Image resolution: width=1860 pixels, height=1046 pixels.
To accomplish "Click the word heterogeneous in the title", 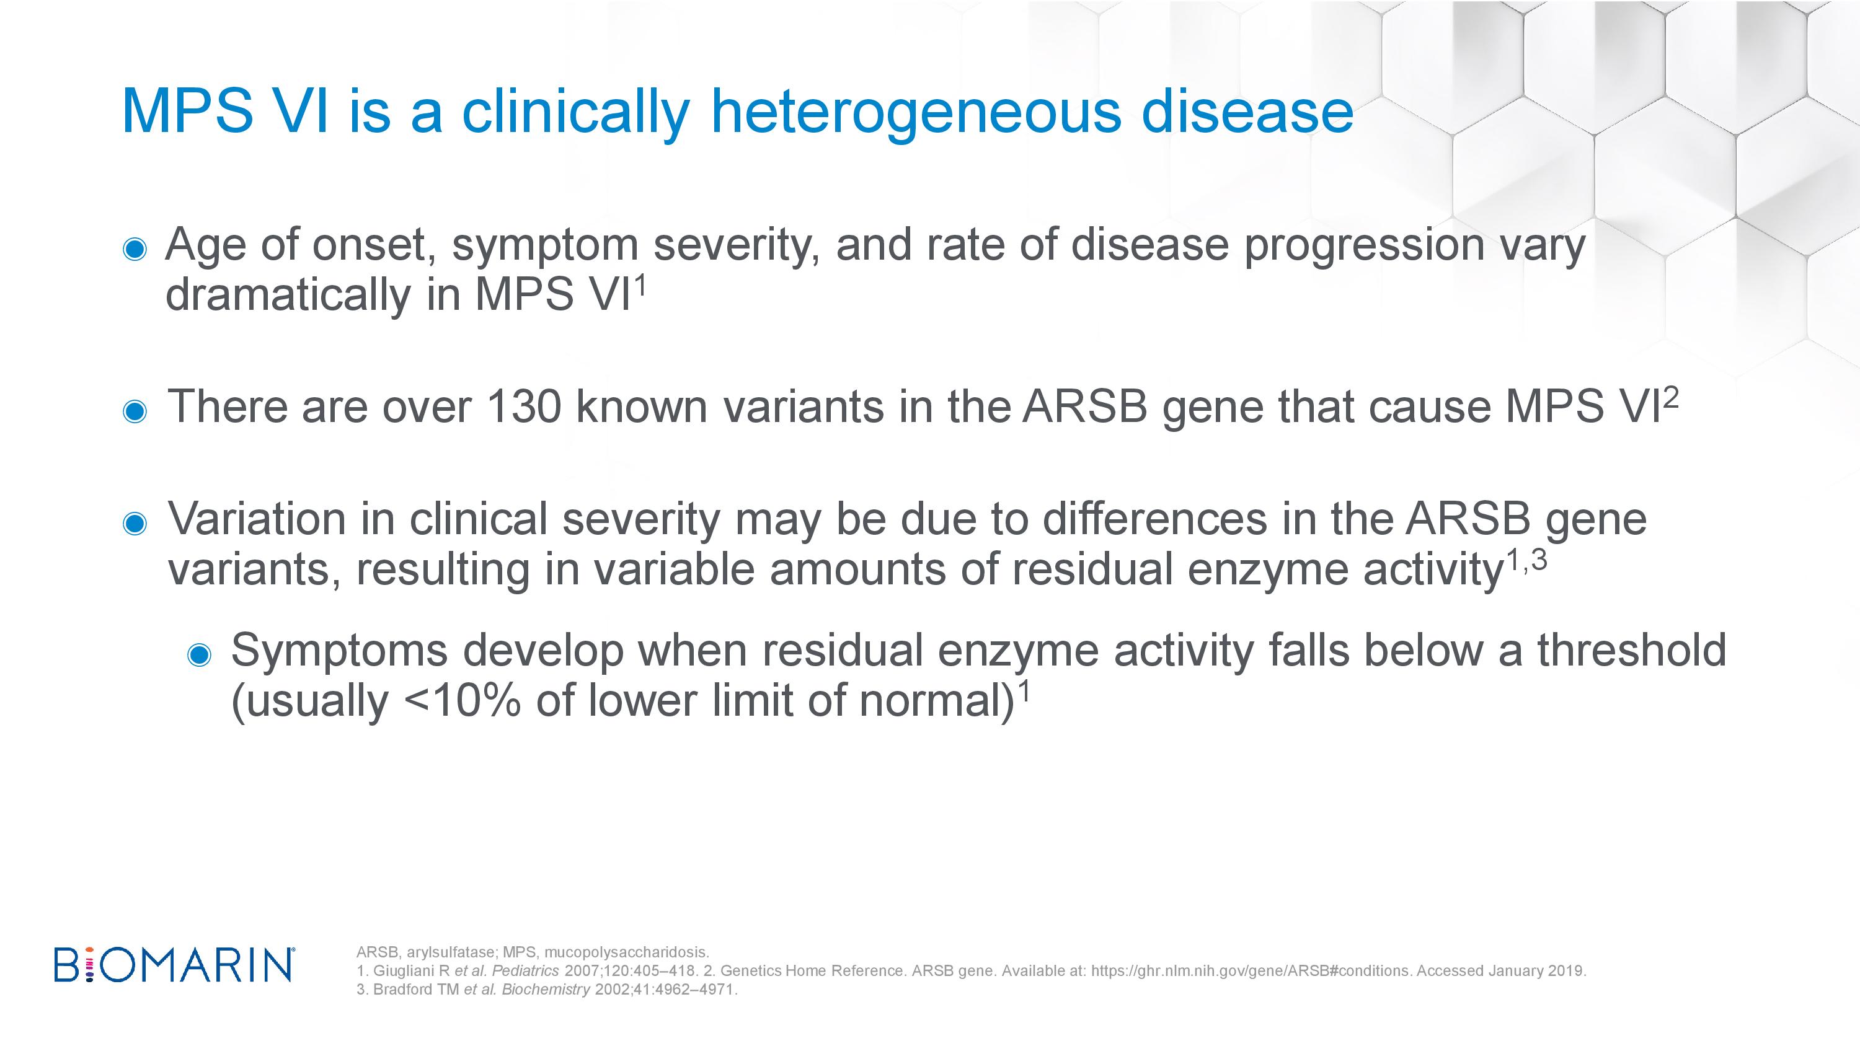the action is [x=916, y=113].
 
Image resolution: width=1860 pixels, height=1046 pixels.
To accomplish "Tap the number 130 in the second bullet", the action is [x=524, y=407].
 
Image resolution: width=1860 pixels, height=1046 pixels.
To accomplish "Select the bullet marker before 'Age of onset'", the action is [x=135, y=249].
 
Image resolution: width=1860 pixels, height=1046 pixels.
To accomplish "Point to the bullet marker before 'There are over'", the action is [x=135, y=411].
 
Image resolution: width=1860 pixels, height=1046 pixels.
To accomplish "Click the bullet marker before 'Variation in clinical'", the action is [x=135, y=524].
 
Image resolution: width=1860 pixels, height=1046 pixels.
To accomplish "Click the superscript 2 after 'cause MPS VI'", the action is [x=1671, y=397].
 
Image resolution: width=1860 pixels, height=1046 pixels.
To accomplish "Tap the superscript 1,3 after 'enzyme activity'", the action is [x=1526, y=560].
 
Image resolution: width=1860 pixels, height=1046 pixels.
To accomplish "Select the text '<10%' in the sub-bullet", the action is [x=463, y=700].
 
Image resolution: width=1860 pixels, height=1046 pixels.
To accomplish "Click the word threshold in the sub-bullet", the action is [x=1632, y=649].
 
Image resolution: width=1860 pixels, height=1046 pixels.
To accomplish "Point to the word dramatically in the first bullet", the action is [x=288, y=295].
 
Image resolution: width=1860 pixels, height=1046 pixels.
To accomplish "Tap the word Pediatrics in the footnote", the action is [x=525, y=971].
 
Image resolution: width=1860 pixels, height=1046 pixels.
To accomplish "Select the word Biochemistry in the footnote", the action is [x=546, y=990].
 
